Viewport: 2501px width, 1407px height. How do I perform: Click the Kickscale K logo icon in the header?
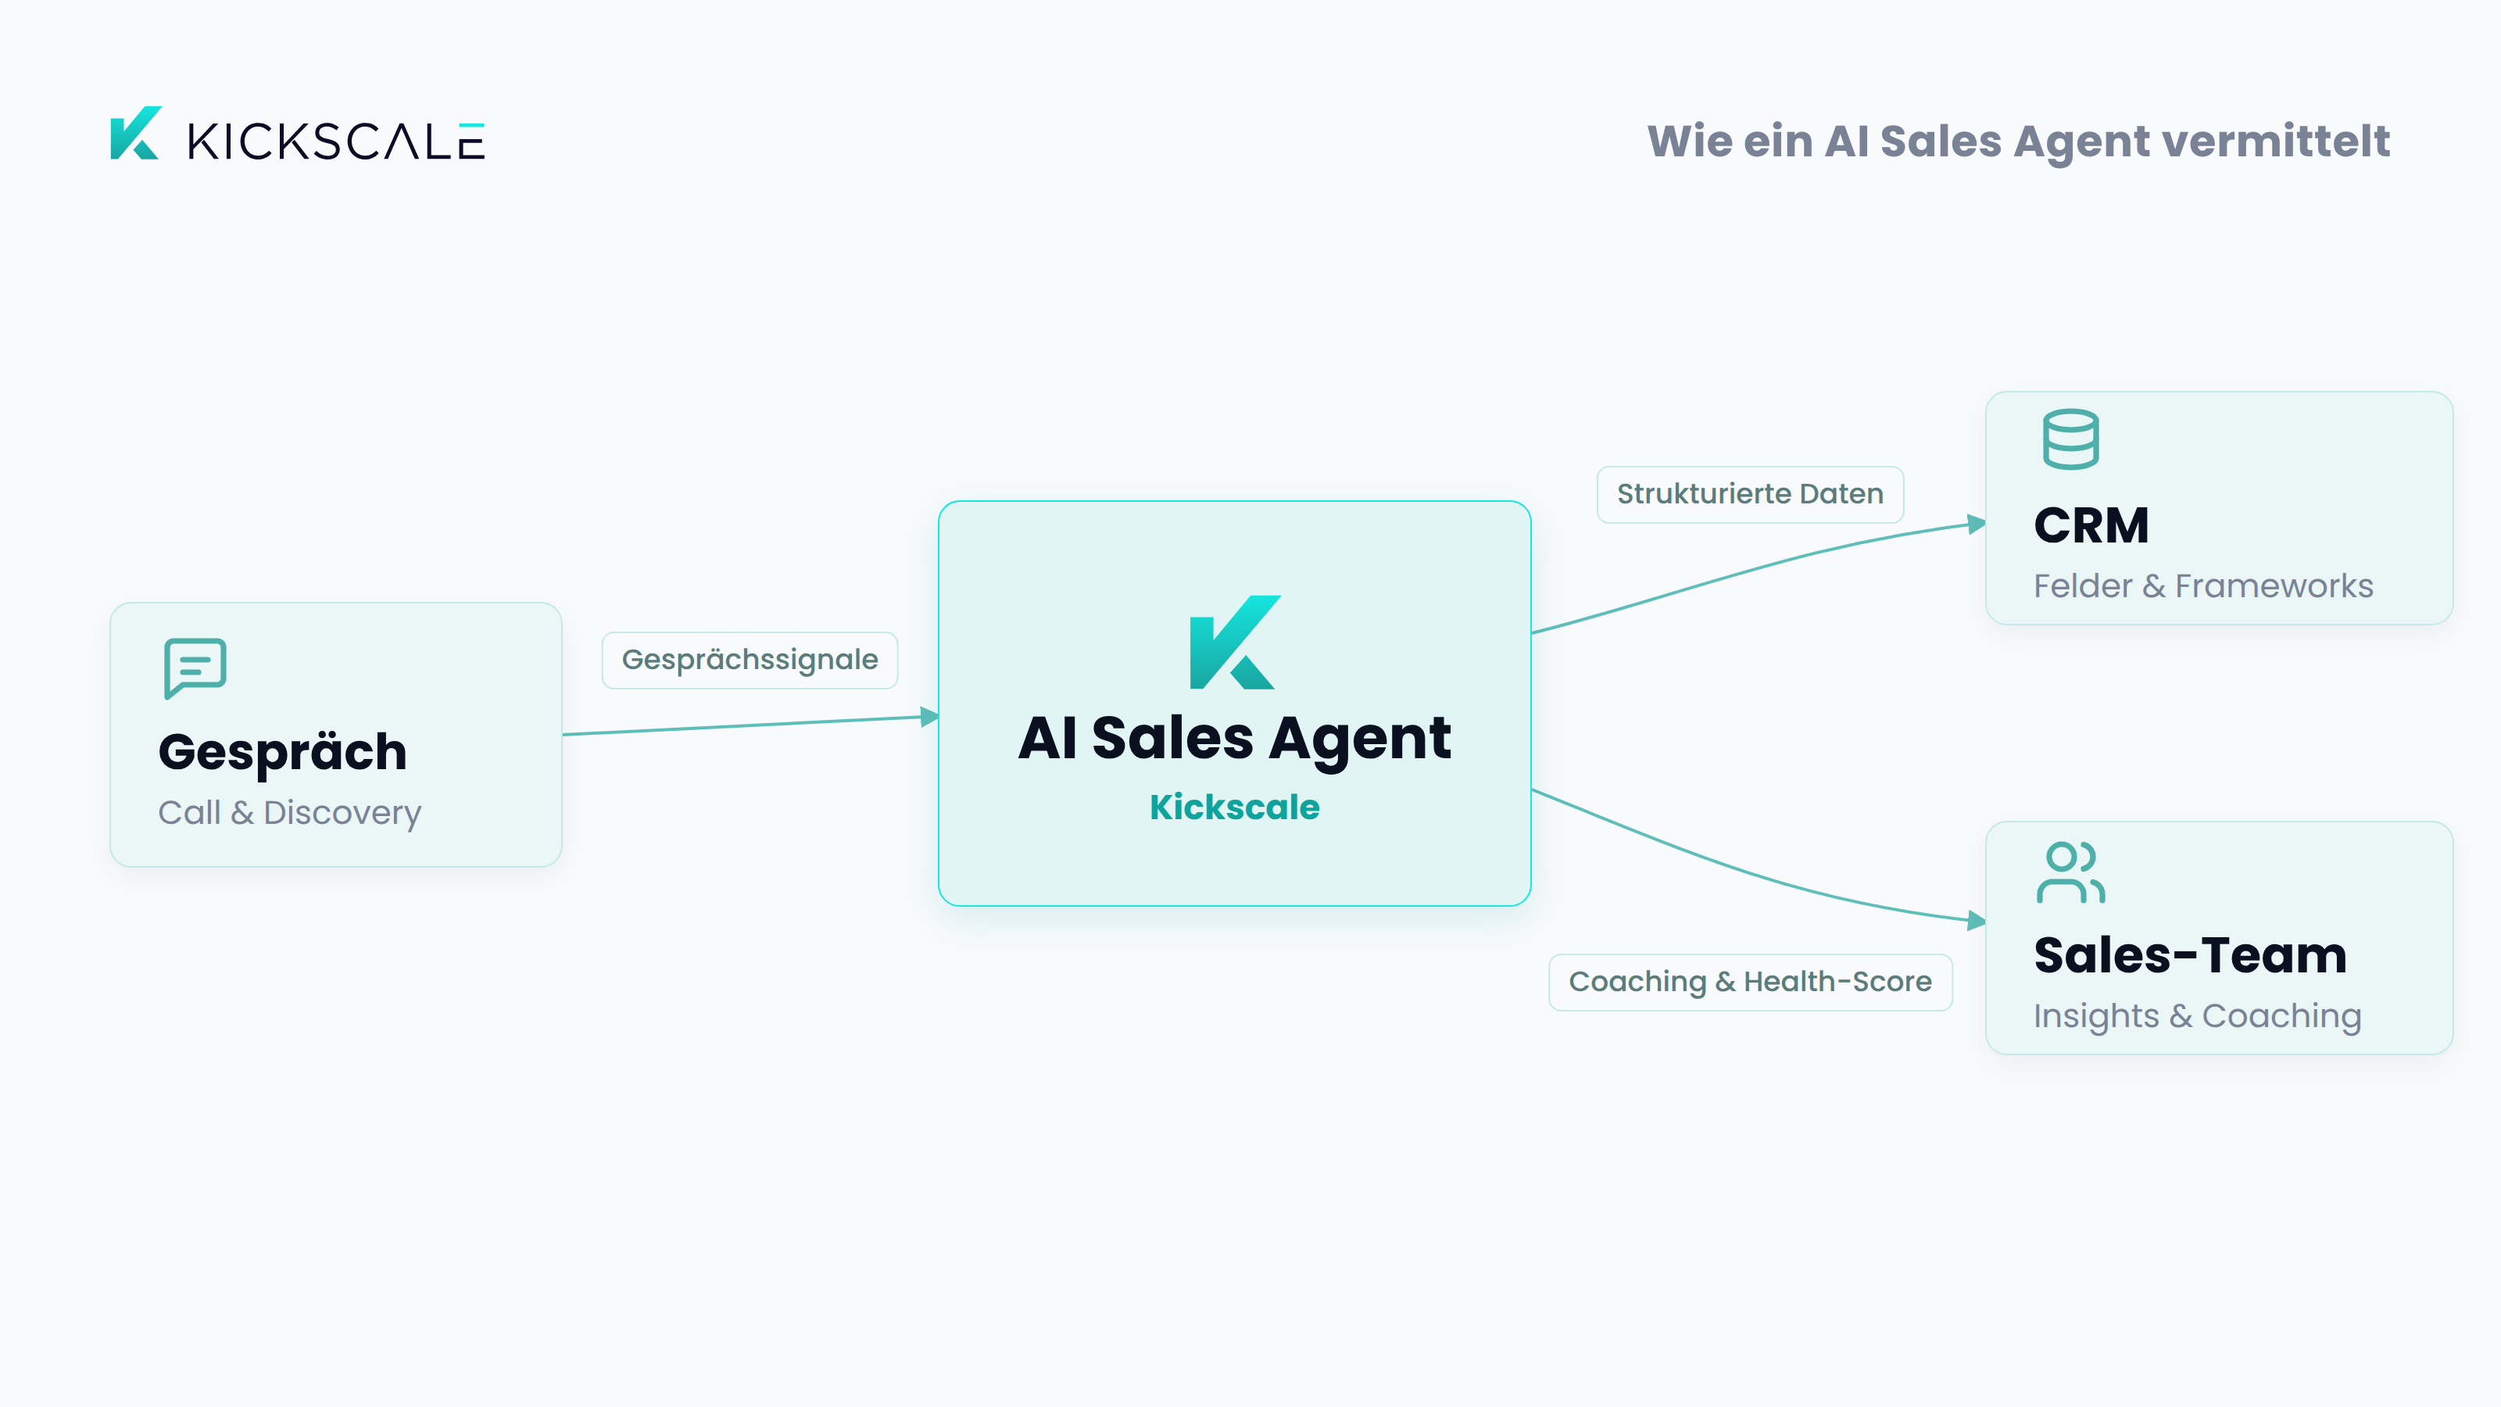coord(136,133)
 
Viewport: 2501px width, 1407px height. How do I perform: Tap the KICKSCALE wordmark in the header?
coord(336,141)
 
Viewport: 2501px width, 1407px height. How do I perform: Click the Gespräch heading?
coord(282,754)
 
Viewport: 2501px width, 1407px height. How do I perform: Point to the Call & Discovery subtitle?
coord(289,813)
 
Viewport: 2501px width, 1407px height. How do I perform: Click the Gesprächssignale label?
coord(750,661)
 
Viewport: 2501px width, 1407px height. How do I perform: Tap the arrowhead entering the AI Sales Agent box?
coord(929,718)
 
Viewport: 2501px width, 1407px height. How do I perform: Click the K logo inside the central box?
coord(1235,642)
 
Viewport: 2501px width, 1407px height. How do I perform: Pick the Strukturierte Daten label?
coord(1750,494)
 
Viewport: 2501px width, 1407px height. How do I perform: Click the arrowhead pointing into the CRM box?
coord(1976,524)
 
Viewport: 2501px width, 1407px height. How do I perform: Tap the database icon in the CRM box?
coord(2071,439)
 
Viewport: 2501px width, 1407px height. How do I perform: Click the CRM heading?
coord(2091,525)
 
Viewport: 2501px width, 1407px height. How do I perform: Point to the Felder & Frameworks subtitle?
coord(2203,586)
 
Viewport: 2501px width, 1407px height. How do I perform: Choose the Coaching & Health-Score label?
coord(1750,983)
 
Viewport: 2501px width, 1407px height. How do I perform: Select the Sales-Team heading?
coord(2190,955)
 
